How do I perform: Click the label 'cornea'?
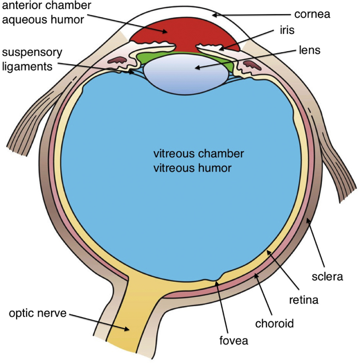point(312,14)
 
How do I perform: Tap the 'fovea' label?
point(233,340)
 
